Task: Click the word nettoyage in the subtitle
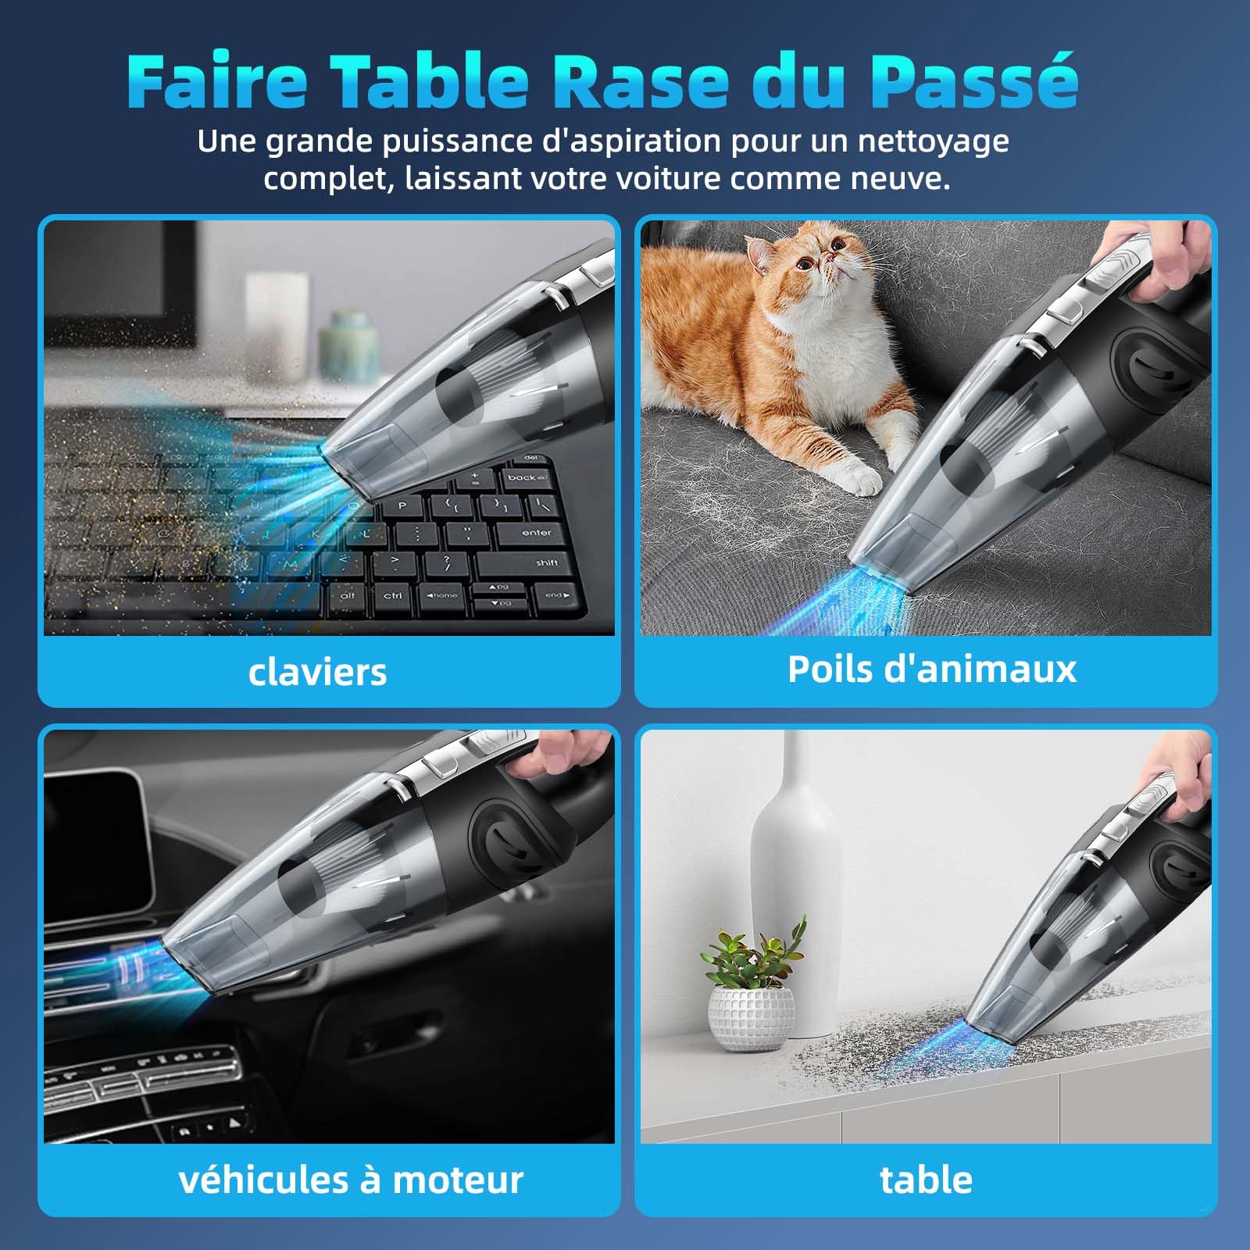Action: (x=933, y=141)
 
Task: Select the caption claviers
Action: (x=317, y=672)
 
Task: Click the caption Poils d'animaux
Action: (x=931, y=669)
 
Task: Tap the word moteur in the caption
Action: (x=458, y=1180)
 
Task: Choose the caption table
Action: (x=926, y=1180)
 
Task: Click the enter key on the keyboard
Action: (x=537, y=533)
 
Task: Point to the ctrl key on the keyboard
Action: (x=393, y=595)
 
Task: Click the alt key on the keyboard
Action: (x=348, y=595)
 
